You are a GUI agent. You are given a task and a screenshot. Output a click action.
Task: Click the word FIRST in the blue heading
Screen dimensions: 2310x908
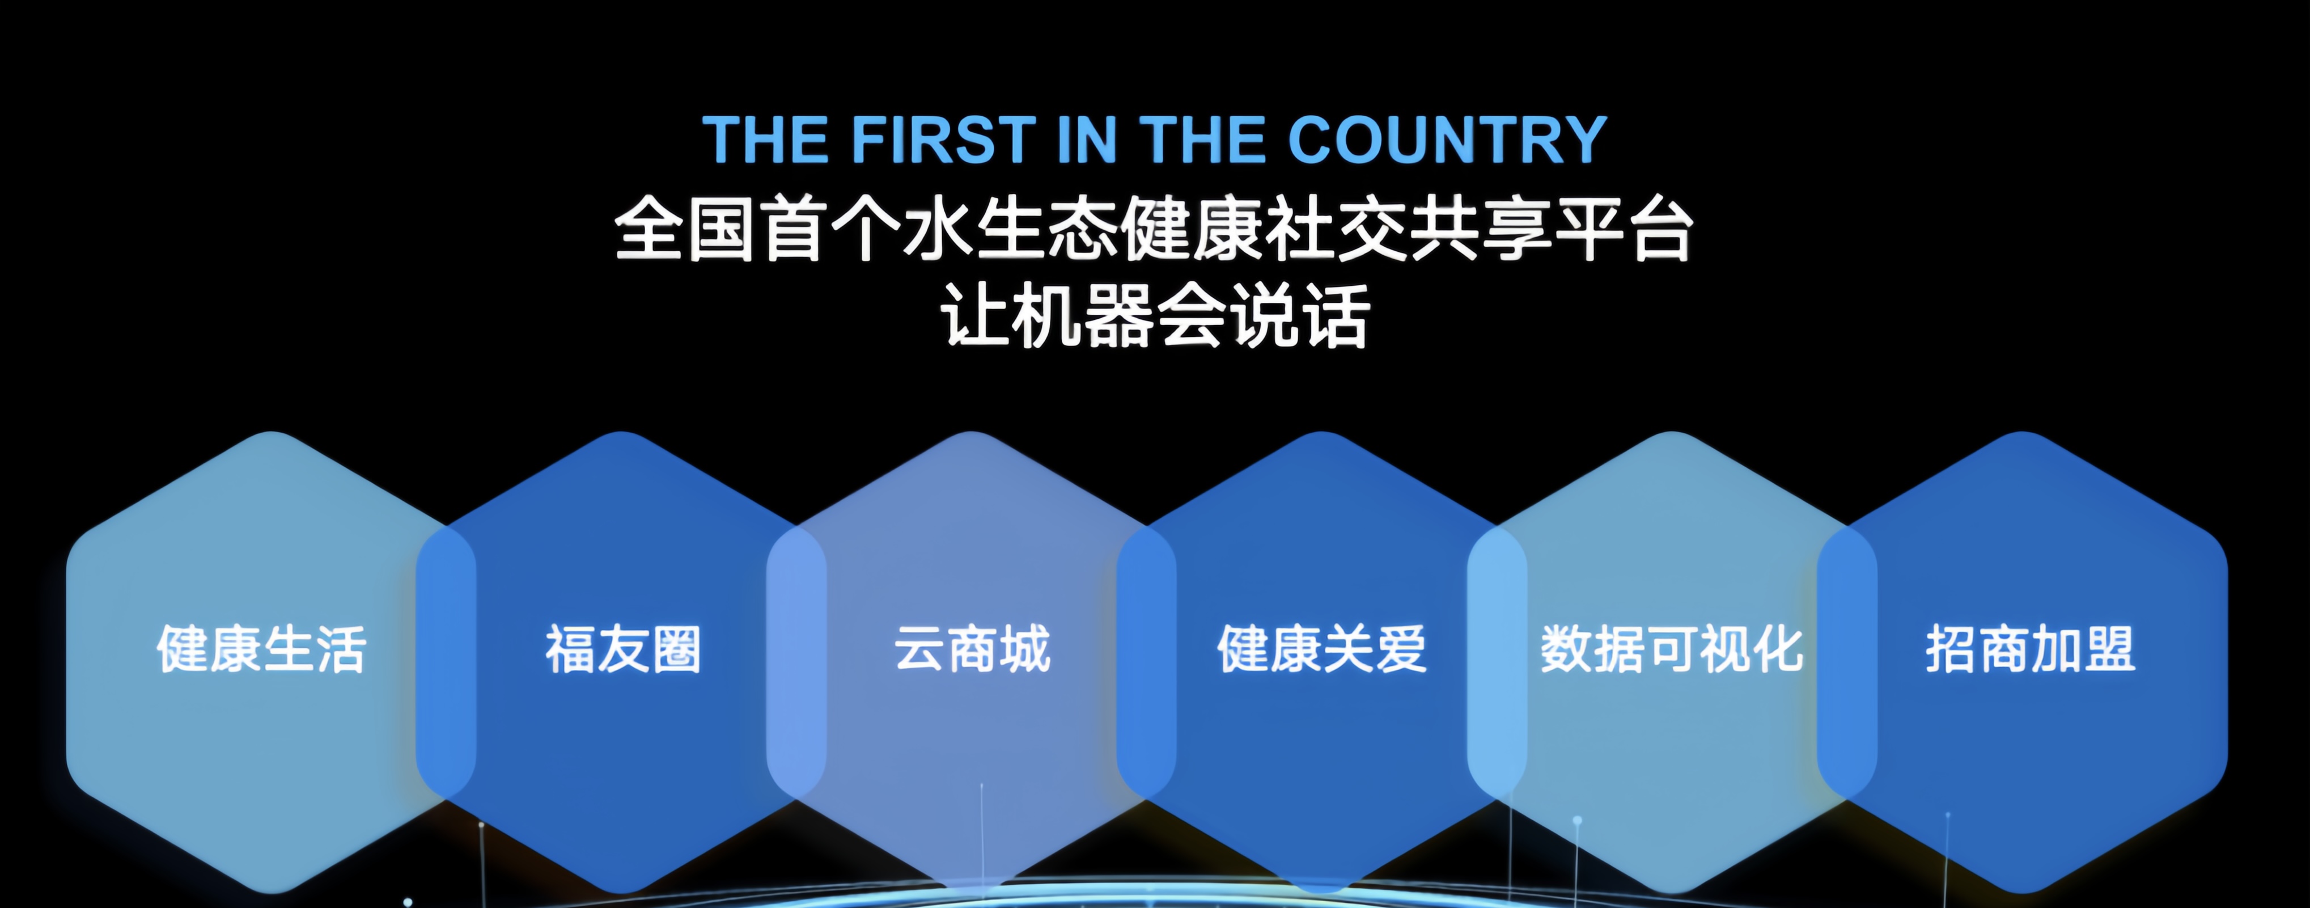click(x=943, y=140)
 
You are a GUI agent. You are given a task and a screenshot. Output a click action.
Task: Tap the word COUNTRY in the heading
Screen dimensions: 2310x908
click(x=1447, y=140)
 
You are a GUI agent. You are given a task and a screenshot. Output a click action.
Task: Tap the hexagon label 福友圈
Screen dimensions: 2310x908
click(x=623, y=649)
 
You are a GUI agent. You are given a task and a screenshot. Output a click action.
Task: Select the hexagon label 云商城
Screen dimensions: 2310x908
click(x=972, y=649)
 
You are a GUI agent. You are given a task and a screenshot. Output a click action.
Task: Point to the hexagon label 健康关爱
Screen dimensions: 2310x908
click(x=1322, y=649)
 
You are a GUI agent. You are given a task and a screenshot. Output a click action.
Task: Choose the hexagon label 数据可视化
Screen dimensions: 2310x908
click(x=1672, y=649)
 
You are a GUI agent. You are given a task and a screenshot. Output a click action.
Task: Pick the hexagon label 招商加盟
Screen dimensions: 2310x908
click(x=2030, y=649)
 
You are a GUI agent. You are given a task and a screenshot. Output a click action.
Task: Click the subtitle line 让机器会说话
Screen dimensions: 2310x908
click(x=1155, y=316)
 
